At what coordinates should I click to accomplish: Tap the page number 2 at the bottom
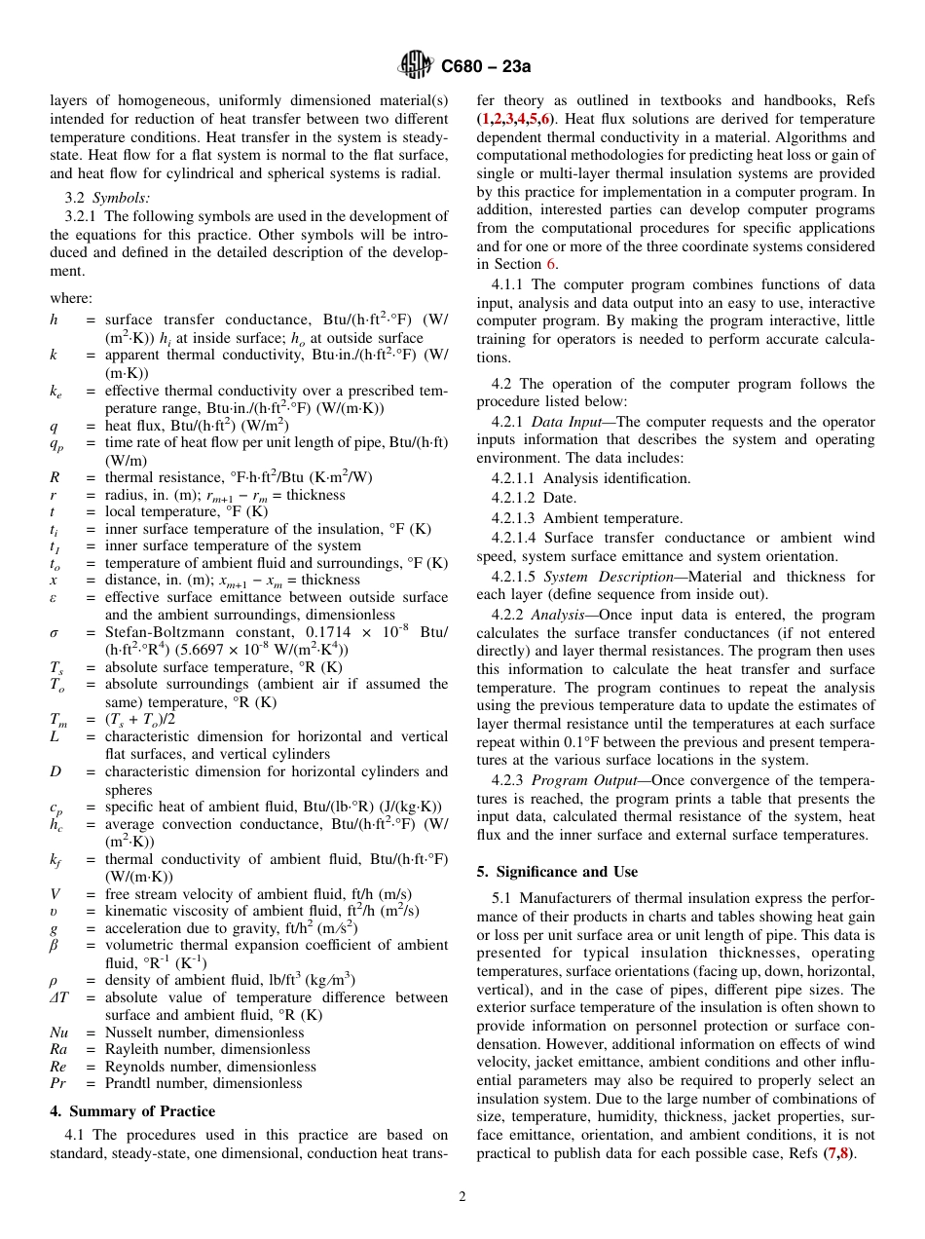pos(462,1197)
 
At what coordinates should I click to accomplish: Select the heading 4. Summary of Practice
pos(132,1111)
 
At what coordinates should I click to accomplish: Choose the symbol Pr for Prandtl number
pos(57,1083)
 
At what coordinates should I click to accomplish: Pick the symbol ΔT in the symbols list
pos(58,997)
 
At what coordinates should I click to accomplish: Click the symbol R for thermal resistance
pos(55,477)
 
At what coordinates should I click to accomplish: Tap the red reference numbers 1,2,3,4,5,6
pos(516,118)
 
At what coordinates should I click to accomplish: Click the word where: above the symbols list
pos(71,298)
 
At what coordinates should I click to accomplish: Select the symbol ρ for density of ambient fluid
pos(55,980)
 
